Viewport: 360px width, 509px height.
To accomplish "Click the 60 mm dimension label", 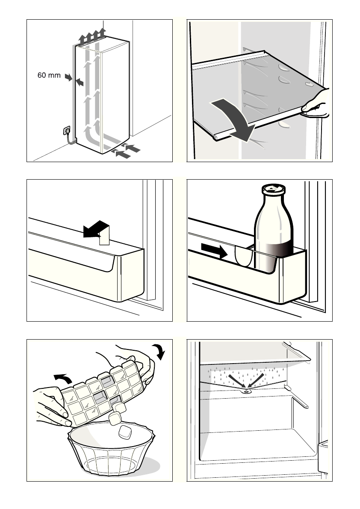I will point(49,76).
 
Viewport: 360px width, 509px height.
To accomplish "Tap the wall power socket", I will point(67,130).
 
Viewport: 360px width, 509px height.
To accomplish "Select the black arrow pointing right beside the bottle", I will point(214,251).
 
